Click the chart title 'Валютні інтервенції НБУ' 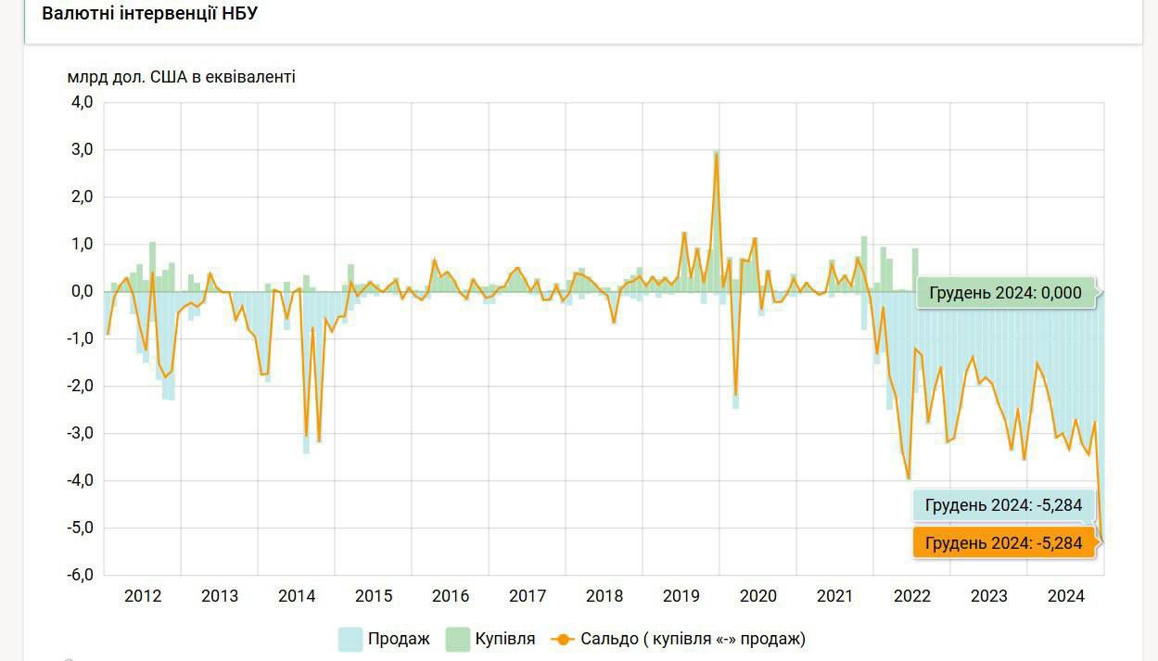tap(149, 14)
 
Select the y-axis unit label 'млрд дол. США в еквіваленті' tap(181, 77)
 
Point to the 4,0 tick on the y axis tap(82, 102)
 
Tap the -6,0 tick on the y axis tap(80, 575)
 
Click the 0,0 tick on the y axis tap(82, 291)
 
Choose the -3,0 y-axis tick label tap(80, 433)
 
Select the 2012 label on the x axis tap(143, 596)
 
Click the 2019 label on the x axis tap(681, 596)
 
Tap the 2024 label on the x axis tap(1066, 596)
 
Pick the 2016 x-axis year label tap(451, 596)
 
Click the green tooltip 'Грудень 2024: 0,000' tap(1005, 293)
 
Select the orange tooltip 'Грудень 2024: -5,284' tap(1003, 543)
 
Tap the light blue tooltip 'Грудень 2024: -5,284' tap(1003, 505)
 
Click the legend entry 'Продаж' tap(399, 639)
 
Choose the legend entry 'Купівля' tap(505, 639)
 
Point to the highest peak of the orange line tap(717, 154)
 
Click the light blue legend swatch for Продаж tap(350, 639)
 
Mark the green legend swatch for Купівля tap(458, 639)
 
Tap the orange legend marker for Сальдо tap(563, 639)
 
